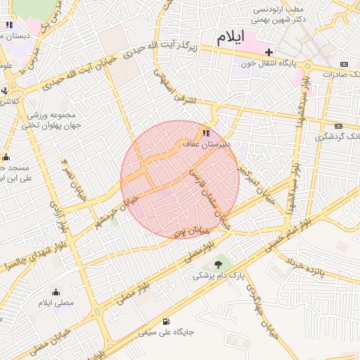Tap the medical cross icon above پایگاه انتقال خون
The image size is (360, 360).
tap(269, 52)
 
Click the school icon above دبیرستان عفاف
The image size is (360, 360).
tap(205, 133)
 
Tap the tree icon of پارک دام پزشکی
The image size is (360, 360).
tap(219, 264)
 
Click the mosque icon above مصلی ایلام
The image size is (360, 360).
tap(56, 292)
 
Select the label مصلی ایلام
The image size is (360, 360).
tap(56, 303)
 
